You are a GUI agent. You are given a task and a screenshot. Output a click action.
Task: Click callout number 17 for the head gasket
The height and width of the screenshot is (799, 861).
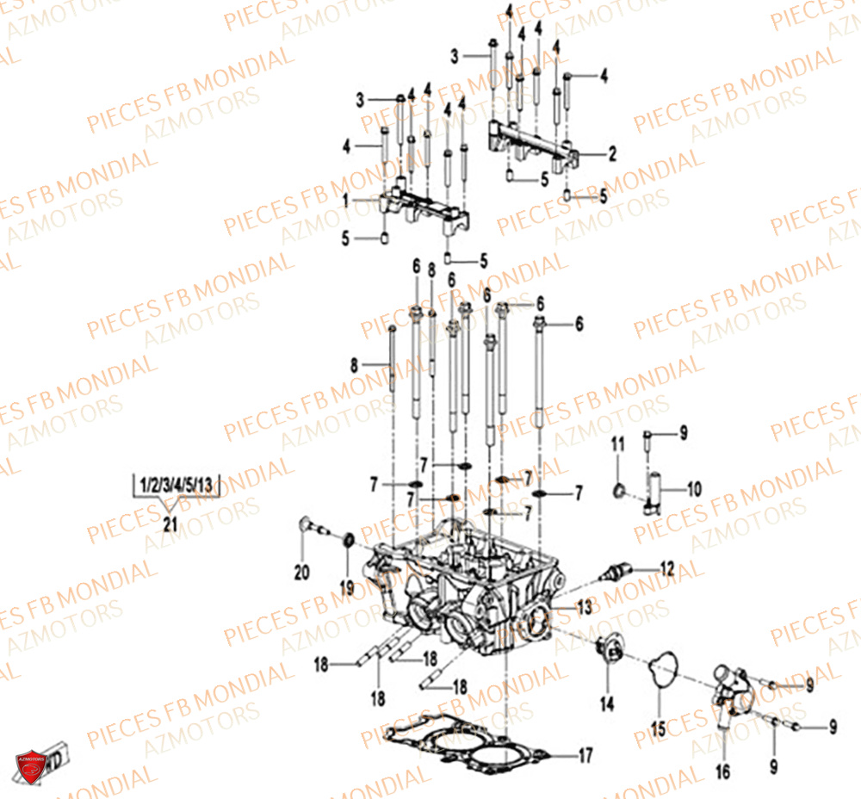tap(585, 757)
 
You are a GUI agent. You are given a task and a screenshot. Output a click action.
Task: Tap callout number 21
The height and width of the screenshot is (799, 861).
tap(170, 524)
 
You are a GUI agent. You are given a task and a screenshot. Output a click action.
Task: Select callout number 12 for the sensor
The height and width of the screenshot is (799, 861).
tap(667, 567)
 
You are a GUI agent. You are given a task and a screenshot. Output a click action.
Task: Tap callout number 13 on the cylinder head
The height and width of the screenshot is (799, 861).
tap(585, 607)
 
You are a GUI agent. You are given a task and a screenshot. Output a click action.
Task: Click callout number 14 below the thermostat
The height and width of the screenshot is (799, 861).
tap(607, 704)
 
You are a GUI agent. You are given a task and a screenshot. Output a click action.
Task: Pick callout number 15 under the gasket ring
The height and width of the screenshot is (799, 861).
tap(658, 729)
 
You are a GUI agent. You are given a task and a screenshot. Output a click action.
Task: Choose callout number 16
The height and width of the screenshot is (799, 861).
tap(723, 771)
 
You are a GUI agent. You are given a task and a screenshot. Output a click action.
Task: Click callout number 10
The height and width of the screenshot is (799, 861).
tap(693, 489)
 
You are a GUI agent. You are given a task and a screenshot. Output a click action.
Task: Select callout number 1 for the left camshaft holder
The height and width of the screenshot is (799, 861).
tap(345, 200)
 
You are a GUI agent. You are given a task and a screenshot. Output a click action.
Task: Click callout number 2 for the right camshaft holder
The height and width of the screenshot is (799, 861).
tap(612, 155)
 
